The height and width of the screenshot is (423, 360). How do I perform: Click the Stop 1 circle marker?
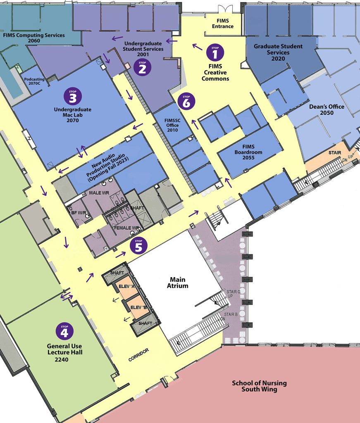(x=215, y=52)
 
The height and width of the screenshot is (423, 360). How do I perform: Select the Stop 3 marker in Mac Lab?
(x=73, y=96)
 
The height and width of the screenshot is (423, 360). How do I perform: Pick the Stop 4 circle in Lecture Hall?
(x=64, y=331)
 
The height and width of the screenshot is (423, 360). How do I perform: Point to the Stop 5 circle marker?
(x=139, y=245)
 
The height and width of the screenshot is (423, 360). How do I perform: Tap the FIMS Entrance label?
(x=223, y=24)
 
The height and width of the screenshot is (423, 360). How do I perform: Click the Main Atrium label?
(x=178, y=283)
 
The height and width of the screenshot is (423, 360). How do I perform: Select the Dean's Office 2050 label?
(x=327, y=109)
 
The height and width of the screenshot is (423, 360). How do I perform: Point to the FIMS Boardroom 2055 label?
(x=248, y=152)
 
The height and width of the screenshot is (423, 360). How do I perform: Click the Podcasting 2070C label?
(x=34, y=81)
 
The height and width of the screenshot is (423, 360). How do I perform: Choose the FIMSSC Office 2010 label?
(x=172, y=126)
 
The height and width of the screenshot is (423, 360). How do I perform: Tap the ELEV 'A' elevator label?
(x=127, y=286)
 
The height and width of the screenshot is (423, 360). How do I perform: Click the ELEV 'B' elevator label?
(x=139, y=307)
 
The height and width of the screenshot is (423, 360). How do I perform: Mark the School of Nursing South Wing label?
(x=259, y=386)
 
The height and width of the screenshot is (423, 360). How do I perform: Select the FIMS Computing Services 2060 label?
(x=34, y=38)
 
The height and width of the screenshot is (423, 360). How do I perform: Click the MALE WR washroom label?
(x=99, y=193)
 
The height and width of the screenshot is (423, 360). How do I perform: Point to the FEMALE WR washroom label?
(x=127, y=228)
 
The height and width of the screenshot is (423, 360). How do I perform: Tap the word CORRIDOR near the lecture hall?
(x=139, y=355)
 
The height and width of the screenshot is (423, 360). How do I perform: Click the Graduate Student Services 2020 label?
(x=278, y=52)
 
